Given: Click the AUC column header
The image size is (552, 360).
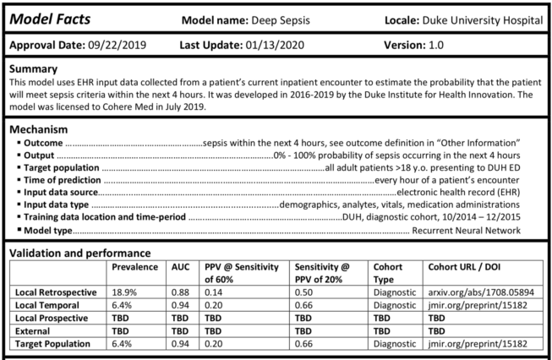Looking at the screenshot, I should [x=181, y=266].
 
